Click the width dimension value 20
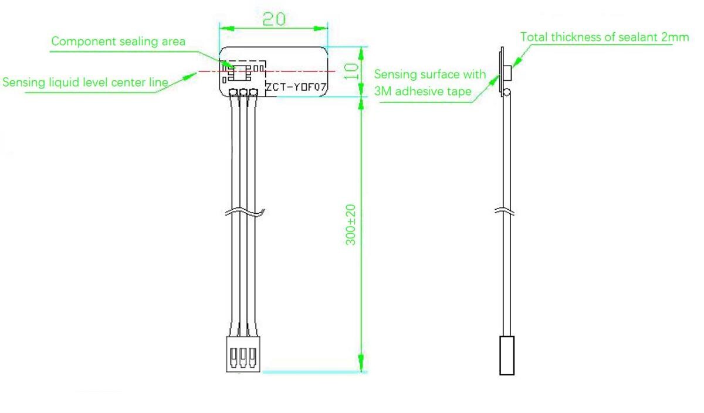coord(273,19)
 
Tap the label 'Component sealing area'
coord(119,42)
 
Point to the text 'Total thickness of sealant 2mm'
coord(604,37)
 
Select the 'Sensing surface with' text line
coord(430,74)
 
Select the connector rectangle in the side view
coord(507,355)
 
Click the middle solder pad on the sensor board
coord(243,92)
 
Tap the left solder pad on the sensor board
coord(234,92)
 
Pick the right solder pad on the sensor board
coord(253,92)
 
